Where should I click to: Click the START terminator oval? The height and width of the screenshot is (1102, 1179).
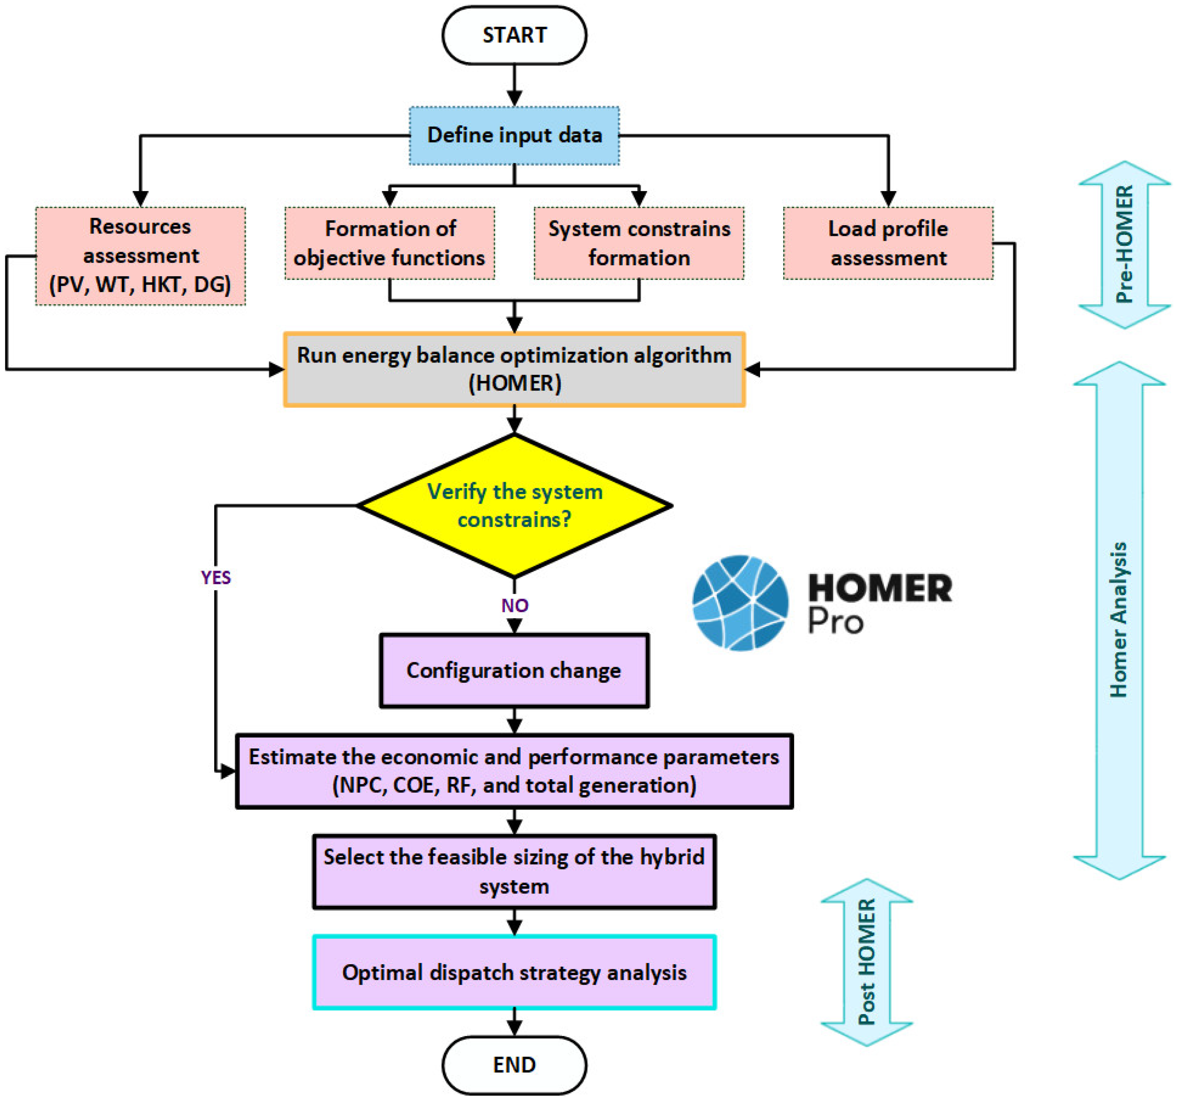click(514, 35)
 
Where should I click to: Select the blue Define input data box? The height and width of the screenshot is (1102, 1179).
click(514, 135)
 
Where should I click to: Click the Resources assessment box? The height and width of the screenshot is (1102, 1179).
click(141, 256)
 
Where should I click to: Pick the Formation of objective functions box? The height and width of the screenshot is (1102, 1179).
click(390, 243)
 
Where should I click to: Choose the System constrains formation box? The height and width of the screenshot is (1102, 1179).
click(639, 243)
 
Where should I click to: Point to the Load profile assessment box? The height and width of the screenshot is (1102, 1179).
click(888, 243)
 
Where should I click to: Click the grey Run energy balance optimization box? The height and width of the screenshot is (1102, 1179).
click(514, 369)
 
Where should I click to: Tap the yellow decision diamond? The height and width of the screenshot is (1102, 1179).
click(514, 506)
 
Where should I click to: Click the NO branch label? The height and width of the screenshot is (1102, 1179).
click(514, 605)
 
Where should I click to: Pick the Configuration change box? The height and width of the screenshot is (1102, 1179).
click(514, 670)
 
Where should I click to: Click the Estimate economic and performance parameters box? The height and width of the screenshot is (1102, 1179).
click(514, 771)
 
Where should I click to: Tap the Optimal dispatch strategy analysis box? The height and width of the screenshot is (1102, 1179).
click(514, 972)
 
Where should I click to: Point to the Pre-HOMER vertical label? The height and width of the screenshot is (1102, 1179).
click(1124, 245)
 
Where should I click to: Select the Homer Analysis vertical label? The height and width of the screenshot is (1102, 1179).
click(1119, 620)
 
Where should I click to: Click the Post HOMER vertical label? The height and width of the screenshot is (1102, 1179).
click(866, 963)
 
